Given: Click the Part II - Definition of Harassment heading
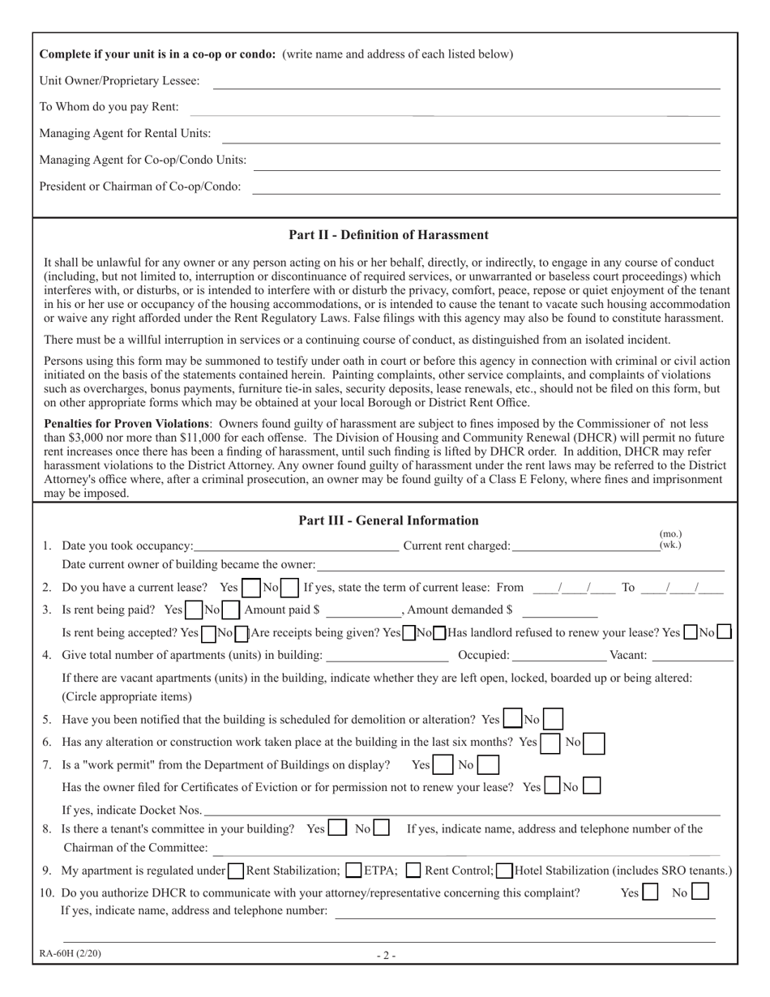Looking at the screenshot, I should coord(388,235).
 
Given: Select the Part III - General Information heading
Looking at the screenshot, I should coord(388,520).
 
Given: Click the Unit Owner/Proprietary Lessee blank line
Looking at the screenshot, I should coord(466,81).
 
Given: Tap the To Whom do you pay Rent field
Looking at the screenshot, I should coord(454,108).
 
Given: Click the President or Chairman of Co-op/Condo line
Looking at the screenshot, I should coord(486,187).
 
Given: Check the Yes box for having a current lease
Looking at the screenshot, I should coord(251,587).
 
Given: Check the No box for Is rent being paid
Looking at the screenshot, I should coord(230,610).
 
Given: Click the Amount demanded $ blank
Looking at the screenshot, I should coord(559,610).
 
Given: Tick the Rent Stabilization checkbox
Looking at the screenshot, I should coord(235,871).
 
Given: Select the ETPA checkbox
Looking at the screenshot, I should coord(353,871).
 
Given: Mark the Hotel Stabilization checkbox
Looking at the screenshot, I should coord(504,871).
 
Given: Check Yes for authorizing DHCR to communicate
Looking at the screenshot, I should coord(649,893).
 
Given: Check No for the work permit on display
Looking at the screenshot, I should coord(488,764).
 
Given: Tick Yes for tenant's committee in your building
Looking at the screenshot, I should coord(338,829).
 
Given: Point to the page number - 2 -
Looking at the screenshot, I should coord(386,955).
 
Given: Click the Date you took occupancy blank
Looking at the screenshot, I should coord(296,546).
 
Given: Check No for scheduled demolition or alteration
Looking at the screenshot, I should coord(553,719).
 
